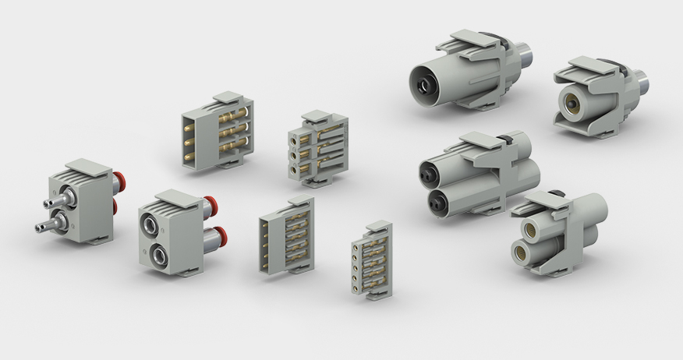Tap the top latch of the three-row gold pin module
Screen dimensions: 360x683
225,98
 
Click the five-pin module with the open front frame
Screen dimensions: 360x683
285,235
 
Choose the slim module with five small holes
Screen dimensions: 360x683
371,259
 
